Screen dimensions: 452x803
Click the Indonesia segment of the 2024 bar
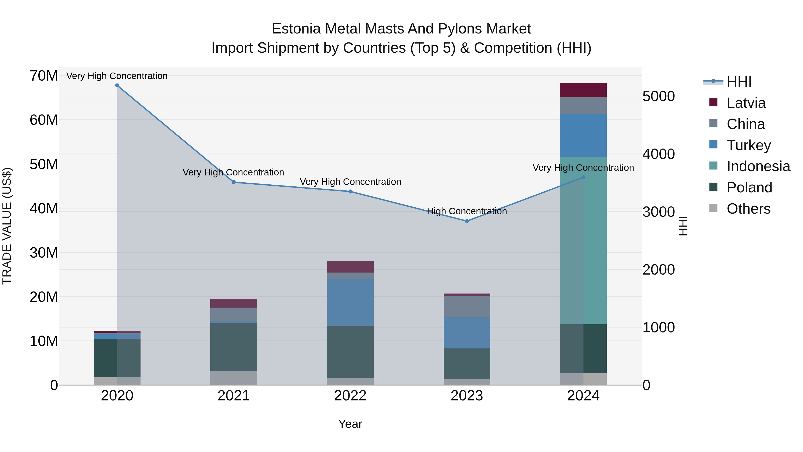[583, 240]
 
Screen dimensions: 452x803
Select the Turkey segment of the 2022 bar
[350, 302]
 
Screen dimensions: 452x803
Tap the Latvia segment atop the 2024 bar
[583, 90]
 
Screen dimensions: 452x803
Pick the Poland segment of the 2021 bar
[234, 347]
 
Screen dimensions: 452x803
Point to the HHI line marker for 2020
[117, 85]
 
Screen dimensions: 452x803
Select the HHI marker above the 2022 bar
[350, 192]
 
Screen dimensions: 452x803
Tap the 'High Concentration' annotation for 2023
[467, 211]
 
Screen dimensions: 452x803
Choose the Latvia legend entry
[746, 103]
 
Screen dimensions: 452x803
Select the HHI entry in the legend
[739, 82]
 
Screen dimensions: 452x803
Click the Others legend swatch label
[748, 209]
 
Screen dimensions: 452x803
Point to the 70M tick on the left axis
[44, 76]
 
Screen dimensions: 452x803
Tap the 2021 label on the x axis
[234, 396]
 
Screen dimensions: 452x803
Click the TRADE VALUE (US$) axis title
[7, 226]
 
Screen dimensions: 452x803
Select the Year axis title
[350, 424]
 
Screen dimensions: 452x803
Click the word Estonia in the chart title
[296, 29]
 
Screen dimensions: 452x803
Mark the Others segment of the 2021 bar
[234, 378]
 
